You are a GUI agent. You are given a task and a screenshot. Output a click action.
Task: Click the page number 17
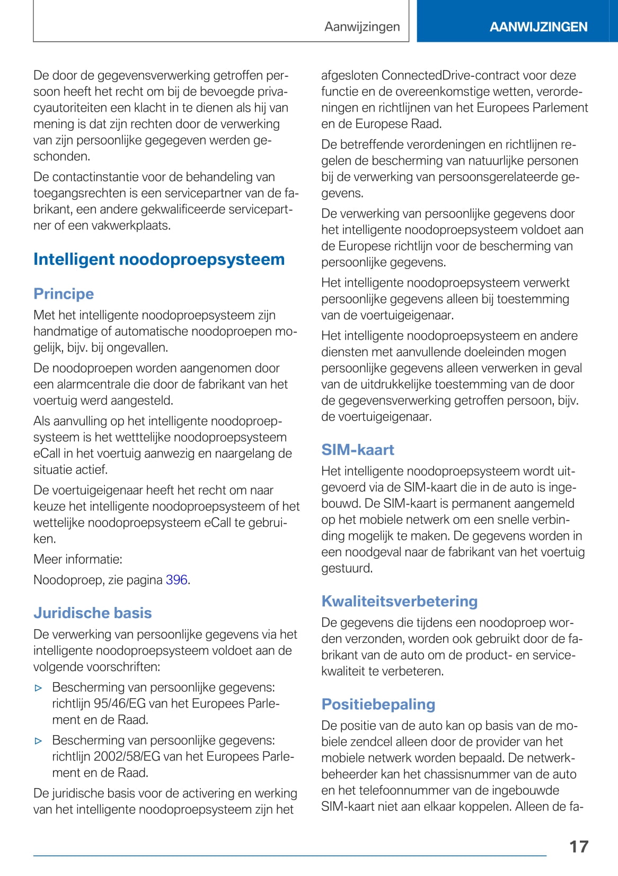click(578, 846)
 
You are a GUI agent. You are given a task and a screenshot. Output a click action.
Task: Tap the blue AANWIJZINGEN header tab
click(538, 27)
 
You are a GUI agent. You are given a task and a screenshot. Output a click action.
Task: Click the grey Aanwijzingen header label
click(362, 26)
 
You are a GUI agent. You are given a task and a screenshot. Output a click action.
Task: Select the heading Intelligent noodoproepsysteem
click(159, 259)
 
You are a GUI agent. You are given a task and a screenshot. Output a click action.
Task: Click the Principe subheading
click(64, 293)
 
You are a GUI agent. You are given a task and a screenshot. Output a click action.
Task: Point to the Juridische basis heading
click(93, 613)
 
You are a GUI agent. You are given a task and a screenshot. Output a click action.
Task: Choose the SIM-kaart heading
click(358, 450)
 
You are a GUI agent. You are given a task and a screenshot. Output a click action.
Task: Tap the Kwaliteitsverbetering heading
click(400, 601)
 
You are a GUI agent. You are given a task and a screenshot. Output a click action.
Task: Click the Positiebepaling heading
click(378, 704)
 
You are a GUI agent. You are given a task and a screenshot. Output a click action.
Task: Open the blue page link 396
click(176, 580)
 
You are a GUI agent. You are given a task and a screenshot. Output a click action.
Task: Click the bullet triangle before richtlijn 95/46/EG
click(38, 688)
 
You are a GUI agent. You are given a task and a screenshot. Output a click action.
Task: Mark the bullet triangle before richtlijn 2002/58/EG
click(38, 741)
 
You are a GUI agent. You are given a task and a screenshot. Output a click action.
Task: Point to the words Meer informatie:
click(78, 559)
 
